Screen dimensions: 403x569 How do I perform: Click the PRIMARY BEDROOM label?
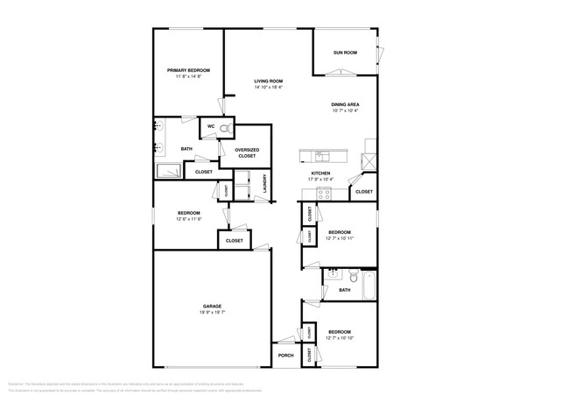(x=188, y=70)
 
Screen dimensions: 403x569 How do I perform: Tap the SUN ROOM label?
(x=345, y=53)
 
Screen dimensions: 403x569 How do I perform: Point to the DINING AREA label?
(x=346, y=104)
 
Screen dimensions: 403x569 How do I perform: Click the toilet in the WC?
(x=226, y=128)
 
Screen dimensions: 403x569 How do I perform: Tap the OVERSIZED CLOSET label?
(x=247, y=152)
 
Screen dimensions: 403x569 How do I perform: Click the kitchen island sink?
(x=323, y=157)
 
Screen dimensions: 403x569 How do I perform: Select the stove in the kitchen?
(x=322, y=194)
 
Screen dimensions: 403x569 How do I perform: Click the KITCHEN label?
(x=321, y=173)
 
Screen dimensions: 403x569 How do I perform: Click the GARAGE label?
(x=212, y=306)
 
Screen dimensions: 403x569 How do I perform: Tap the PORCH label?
(x=285, y=355)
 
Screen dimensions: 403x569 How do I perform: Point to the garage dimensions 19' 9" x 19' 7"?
(x=212, y=312)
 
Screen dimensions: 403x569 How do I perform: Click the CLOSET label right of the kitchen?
(x=363, y=191)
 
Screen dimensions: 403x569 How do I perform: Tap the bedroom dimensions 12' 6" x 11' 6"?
(x=189, y=219)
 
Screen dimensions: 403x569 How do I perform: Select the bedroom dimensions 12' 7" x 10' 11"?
(x=339, y=238)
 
